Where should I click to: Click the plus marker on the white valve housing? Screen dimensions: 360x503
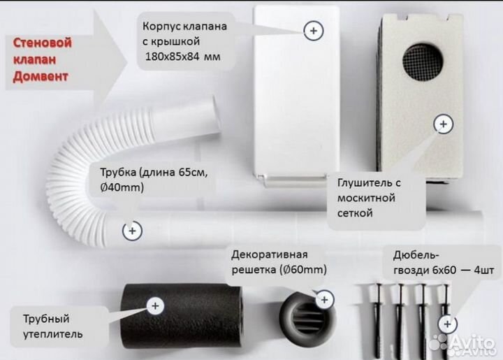313,30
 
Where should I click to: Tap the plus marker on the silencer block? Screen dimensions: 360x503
443,124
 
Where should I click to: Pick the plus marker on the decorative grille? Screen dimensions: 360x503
324,299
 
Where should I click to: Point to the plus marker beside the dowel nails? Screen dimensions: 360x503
447,324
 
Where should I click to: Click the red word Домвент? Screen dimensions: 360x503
41,76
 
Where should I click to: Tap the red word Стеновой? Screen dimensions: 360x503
43,43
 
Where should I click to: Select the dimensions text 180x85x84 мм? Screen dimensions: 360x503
181,57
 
